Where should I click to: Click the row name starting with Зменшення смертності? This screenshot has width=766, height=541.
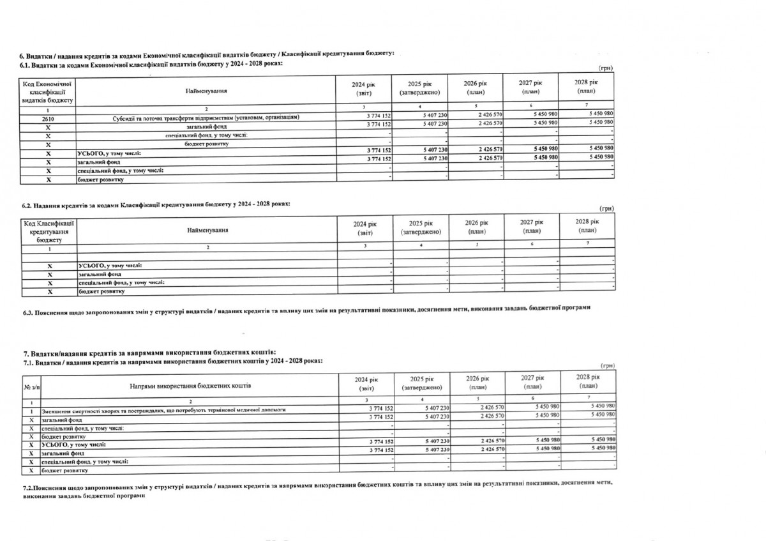pos(163,409)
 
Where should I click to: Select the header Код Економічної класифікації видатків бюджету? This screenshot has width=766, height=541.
pos(48,91)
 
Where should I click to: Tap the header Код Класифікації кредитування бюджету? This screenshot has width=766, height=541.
pos(49,232)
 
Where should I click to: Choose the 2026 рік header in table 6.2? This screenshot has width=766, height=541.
pos(476,227)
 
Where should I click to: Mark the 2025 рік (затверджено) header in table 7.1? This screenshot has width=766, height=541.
pos(423,383)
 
